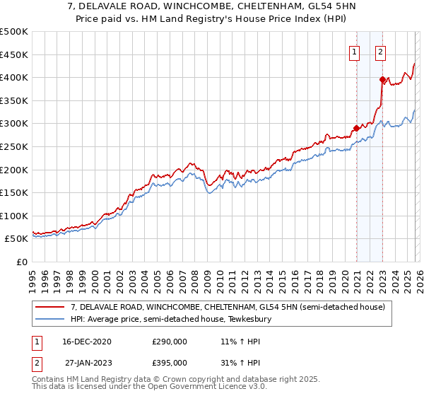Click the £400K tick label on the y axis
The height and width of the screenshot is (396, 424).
(x=14, y=78)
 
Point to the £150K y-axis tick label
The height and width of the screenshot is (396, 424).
(x=14, y=192)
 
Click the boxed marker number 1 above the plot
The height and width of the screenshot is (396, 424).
(x=353, y=51)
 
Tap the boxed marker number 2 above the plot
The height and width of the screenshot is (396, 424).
(x=380, y=51)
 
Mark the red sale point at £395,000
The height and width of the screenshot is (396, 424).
(x=382, y=79)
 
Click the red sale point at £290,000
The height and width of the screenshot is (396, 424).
(x=356, y=128)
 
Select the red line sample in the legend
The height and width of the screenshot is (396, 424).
(x=50, y=308)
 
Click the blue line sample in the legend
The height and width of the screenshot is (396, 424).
(x=50, y=320)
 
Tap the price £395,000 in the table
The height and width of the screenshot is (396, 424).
(x=170, y=363)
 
